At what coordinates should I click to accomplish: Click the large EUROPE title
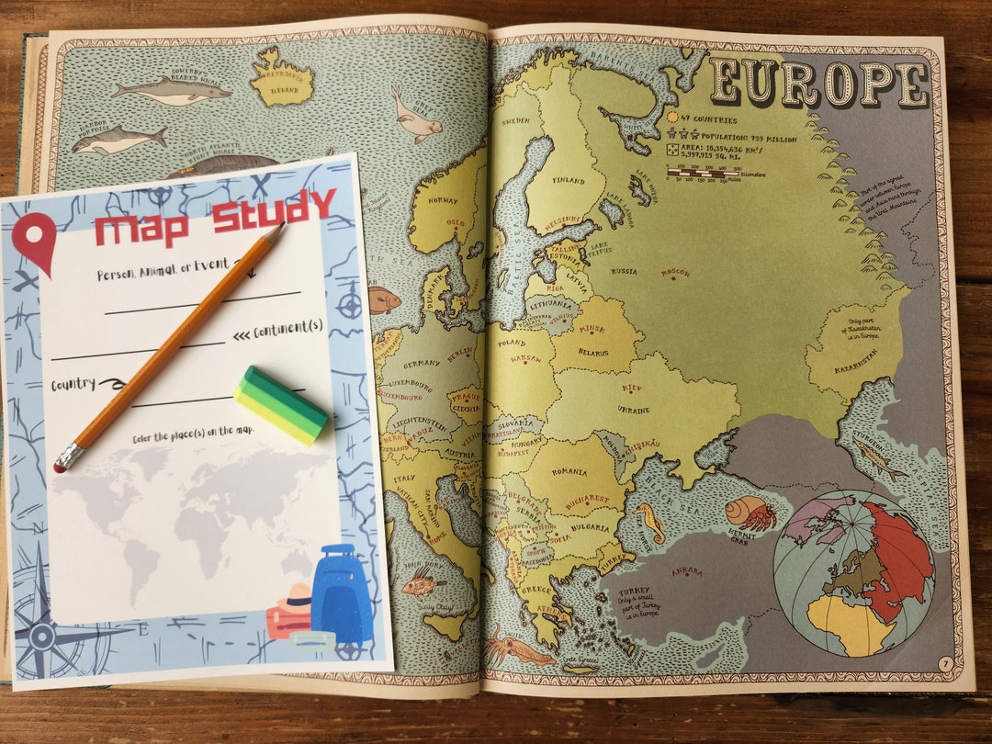click(x=820, y=84)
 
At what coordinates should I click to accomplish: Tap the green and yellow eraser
click(x=280, y=405)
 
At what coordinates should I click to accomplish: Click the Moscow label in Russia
click(x=675, y=273)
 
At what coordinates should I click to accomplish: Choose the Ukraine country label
click(x=634, y=409)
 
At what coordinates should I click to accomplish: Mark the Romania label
click(x=569, y=472)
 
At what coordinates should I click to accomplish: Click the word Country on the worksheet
click(x=74, y=384)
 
